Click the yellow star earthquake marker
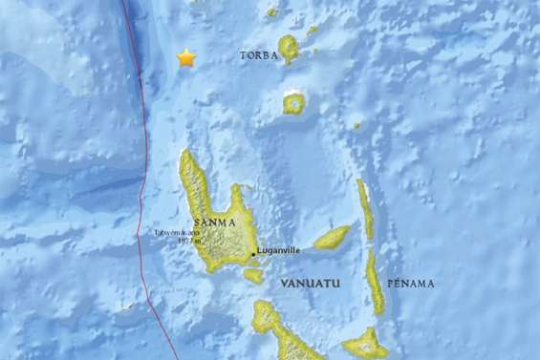click(185, 58)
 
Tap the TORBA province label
click(258, 55)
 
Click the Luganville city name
click(279, 252)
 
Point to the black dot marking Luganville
click(252, 253)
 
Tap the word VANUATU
click(309, 285)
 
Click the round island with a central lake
click(294, 102)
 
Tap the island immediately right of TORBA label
click(288, 48)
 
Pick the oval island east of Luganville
click(333, 237)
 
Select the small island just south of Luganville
click(253, 275)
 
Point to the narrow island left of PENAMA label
click(376, 283)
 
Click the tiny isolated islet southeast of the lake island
click(356, 124)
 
